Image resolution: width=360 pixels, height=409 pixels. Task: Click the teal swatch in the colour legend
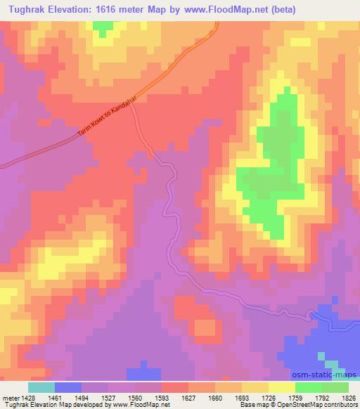click(41, 387)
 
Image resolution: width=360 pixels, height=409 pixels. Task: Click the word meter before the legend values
click(11, 398)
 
